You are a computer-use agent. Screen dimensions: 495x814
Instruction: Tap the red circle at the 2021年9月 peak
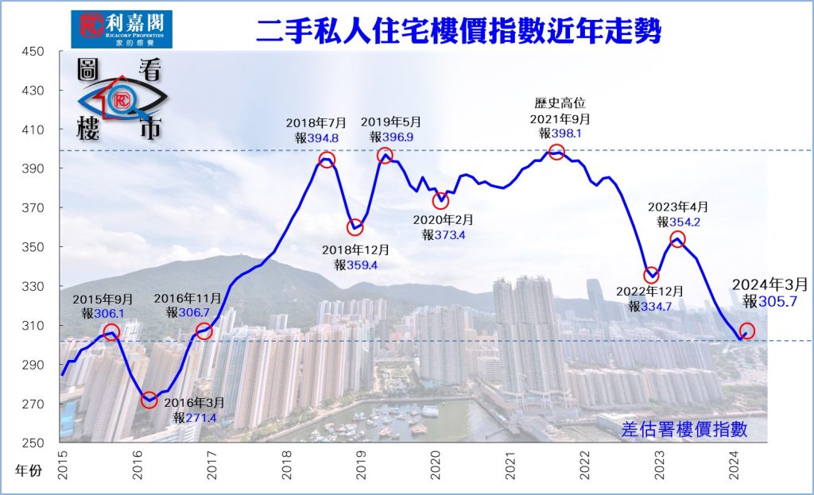pos(556,151)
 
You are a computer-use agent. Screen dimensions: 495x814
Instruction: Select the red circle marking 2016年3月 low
pos(149,400)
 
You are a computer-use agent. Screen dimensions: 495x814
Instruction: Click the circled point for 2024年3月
pos(747,331)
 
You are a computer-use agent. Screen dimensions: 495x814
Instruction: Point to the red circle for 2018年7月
pos(327,160)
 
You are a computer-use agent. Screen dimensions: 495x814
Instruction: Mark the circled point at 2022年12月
pos(652,276)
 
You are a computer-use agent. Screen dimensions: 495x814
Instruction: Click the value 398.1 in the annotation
pos(570,134)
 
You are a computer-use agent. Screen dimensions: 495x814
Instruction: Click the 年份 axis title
pos(27,470)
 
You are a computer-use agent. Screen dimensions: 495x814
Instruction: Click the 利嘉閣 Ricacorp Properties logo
pos(121,29)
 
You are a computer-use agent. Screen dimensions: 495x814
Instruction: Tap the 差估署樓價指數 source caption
pos(684,429)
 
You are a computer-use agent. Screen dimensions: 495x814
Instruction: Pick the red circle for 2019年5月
pos(385,156)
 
